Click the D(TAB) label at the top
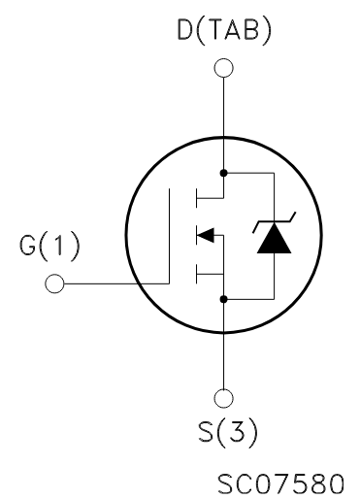[224, 32]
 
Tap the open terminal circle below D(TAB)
[224, 68]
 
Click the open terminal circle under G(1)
[54, 283]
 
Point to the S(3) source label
[224, 432]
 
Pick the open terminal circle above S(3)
[224, 396]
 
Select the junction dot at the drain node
[224, 173]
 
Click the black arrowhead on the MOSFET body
[203, 234]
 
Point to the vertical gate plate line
[171, 236]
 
